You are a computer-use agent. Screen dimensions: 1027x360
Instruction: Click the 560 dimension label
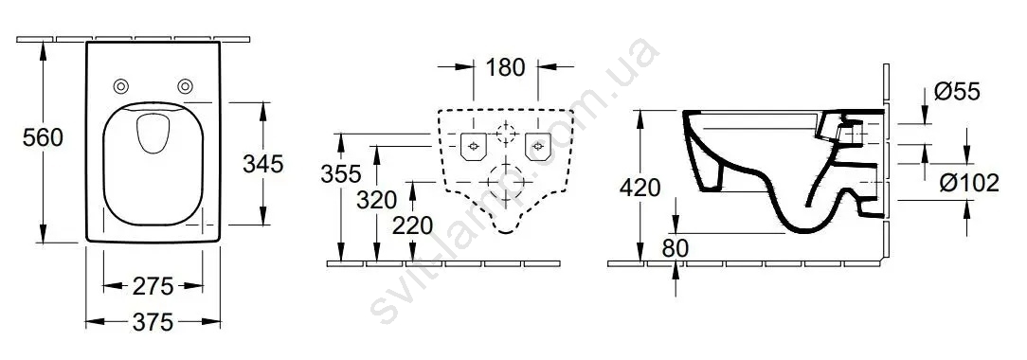[43, 137]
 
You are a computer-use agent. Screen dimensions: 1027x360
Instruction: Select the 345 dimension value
[262, 164]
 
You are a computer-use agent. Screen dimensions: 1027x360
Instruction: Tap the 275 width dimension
[153, 286]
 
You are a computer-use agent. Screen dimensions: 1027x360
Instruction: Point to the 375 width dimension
[153, 322]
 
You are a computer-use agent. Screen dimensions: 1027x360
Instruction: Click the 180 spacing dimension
[506, 66]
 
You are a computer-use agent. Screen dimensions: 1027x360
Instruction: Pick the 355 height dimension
[340, 174]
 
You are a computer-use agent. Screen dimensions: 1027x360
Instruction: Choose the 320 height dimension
[377, 199]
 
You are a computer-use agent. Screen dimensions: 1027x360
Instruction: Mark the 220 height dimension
[413, 225]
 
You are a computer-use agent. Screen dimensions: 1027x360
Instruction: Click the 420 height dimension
[640, 188]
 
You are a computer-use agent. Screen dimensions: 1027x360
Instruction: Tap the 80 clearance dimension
[676, 248]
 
